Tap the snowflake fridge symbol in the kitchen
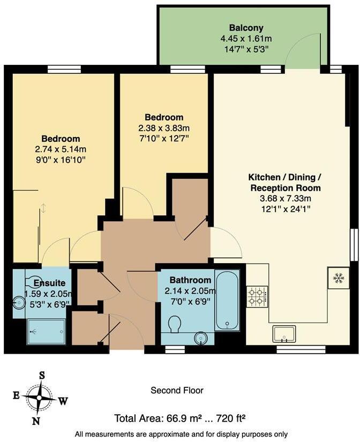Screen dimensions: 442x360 [x=338, y=278]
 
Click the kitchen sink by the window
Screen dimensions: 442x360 [x=284, y=334]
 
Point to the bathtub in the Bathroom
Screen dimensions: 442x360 [x=227, y=301]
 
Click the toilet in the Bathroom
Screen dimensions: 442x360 [x=174, y=324]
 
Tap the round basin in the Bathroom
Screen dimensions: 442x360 [x=201, y=338]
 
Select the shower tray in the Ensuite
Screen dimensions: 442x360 [x=47, y=332]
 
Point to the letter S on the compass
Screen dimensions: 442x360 [x=42, y=375]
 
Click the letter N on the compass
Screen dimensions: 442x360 [x=35, y=421]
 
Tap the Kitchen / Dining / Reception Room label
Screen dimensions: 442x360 [x=285, y=182]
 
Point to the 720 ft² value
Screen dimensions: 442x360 [x=227, y=418]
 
